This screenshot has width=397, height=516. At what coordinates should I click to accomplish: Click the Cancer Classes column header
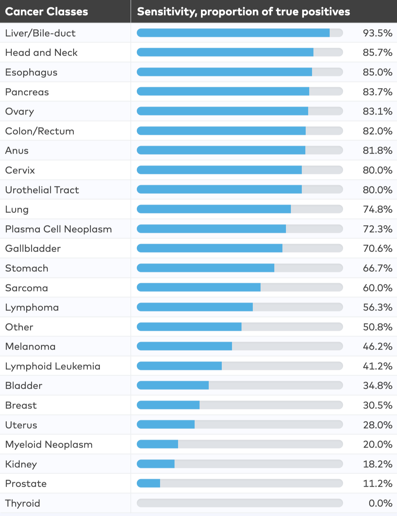tap(46, 12)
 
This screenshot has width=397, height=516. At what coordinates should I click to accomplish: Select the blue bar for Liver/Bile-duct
tap(233, 33)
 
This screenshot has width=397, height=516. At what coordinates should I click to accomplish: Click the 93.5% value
tap(377, 33)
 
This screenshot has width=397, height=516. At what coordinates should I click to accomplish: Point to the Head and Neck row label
tap(41, 53)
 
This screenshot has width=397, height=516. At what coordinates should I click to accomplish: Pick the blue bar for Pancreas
tap(223, 92)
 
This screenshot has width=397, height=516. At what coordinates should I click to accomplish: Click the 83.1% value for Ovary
tap(377, 111)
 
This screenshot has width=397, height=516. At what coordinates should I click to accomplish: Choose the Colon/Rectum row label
tap(39, 131)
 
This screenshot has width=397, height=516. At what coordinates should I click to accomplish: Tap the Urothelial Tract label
tap(42, 190)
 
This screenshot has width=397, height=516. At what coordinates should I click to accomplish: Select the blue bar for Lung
tap(214, 209)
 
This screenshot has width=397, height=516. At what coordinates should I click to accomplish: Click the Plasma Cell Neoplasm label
tap(58, 229)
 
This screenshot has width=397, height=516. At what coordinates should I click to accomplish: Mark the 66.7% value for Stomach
tap(377, 268)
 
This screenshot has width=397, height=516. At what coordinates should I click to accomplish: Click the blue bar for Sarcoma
tap(198, 288)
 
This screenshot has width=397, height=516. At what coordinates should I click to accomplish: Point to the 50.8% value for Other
tap(377, 327)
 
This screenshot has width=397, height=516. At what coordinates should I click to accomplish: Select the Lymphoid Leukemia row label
tap(53, 366)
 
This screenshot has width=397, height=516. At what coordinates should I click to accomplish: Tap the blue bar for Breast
tap(168, 405)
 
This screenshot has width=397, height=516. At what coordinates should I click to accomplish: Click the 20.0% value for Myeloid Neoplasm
tap(377, 444)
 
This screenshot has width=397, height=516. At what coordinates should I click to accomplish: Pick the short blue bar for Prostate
tap(148, 484)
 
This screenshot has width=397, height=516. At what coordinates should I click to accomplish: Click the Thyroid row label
tap(23, 503)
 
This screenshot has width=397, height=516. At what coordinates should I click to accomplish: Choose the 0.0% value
tap(380, 503)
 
